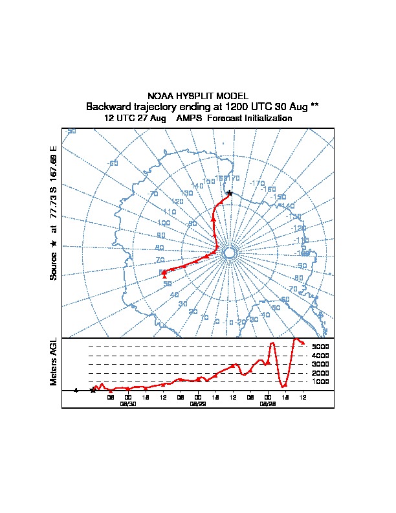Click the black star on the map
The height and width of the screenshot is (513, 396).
230,193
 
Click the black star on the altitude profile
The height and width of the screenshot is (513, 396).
93,390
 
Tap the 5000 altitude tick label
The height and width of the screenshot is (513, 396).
321,347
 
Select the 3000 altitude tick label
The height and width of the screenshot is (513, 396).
321,364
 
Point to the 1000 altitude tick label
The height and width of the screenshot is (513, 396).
321,382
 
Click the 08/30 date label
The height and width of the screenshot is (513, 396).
128,403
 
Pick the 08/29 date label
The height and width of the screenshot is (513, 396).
198,403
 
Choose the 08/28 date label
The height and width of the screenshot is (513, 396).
268,403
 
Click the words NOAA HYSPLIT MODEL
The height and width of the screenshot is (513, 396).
198,96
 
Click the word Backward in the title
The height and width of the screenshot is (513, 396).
107,107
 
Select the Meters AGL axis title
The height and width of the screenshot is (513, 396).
54,362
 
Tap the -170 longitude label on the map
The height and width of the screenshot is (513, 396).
257,183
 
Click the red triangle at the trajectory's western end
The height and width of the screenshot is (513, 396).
164,275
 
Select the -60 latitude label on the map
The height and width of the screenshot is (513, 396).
113,163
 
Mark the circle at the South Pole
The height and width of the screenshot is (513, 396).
228,253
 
